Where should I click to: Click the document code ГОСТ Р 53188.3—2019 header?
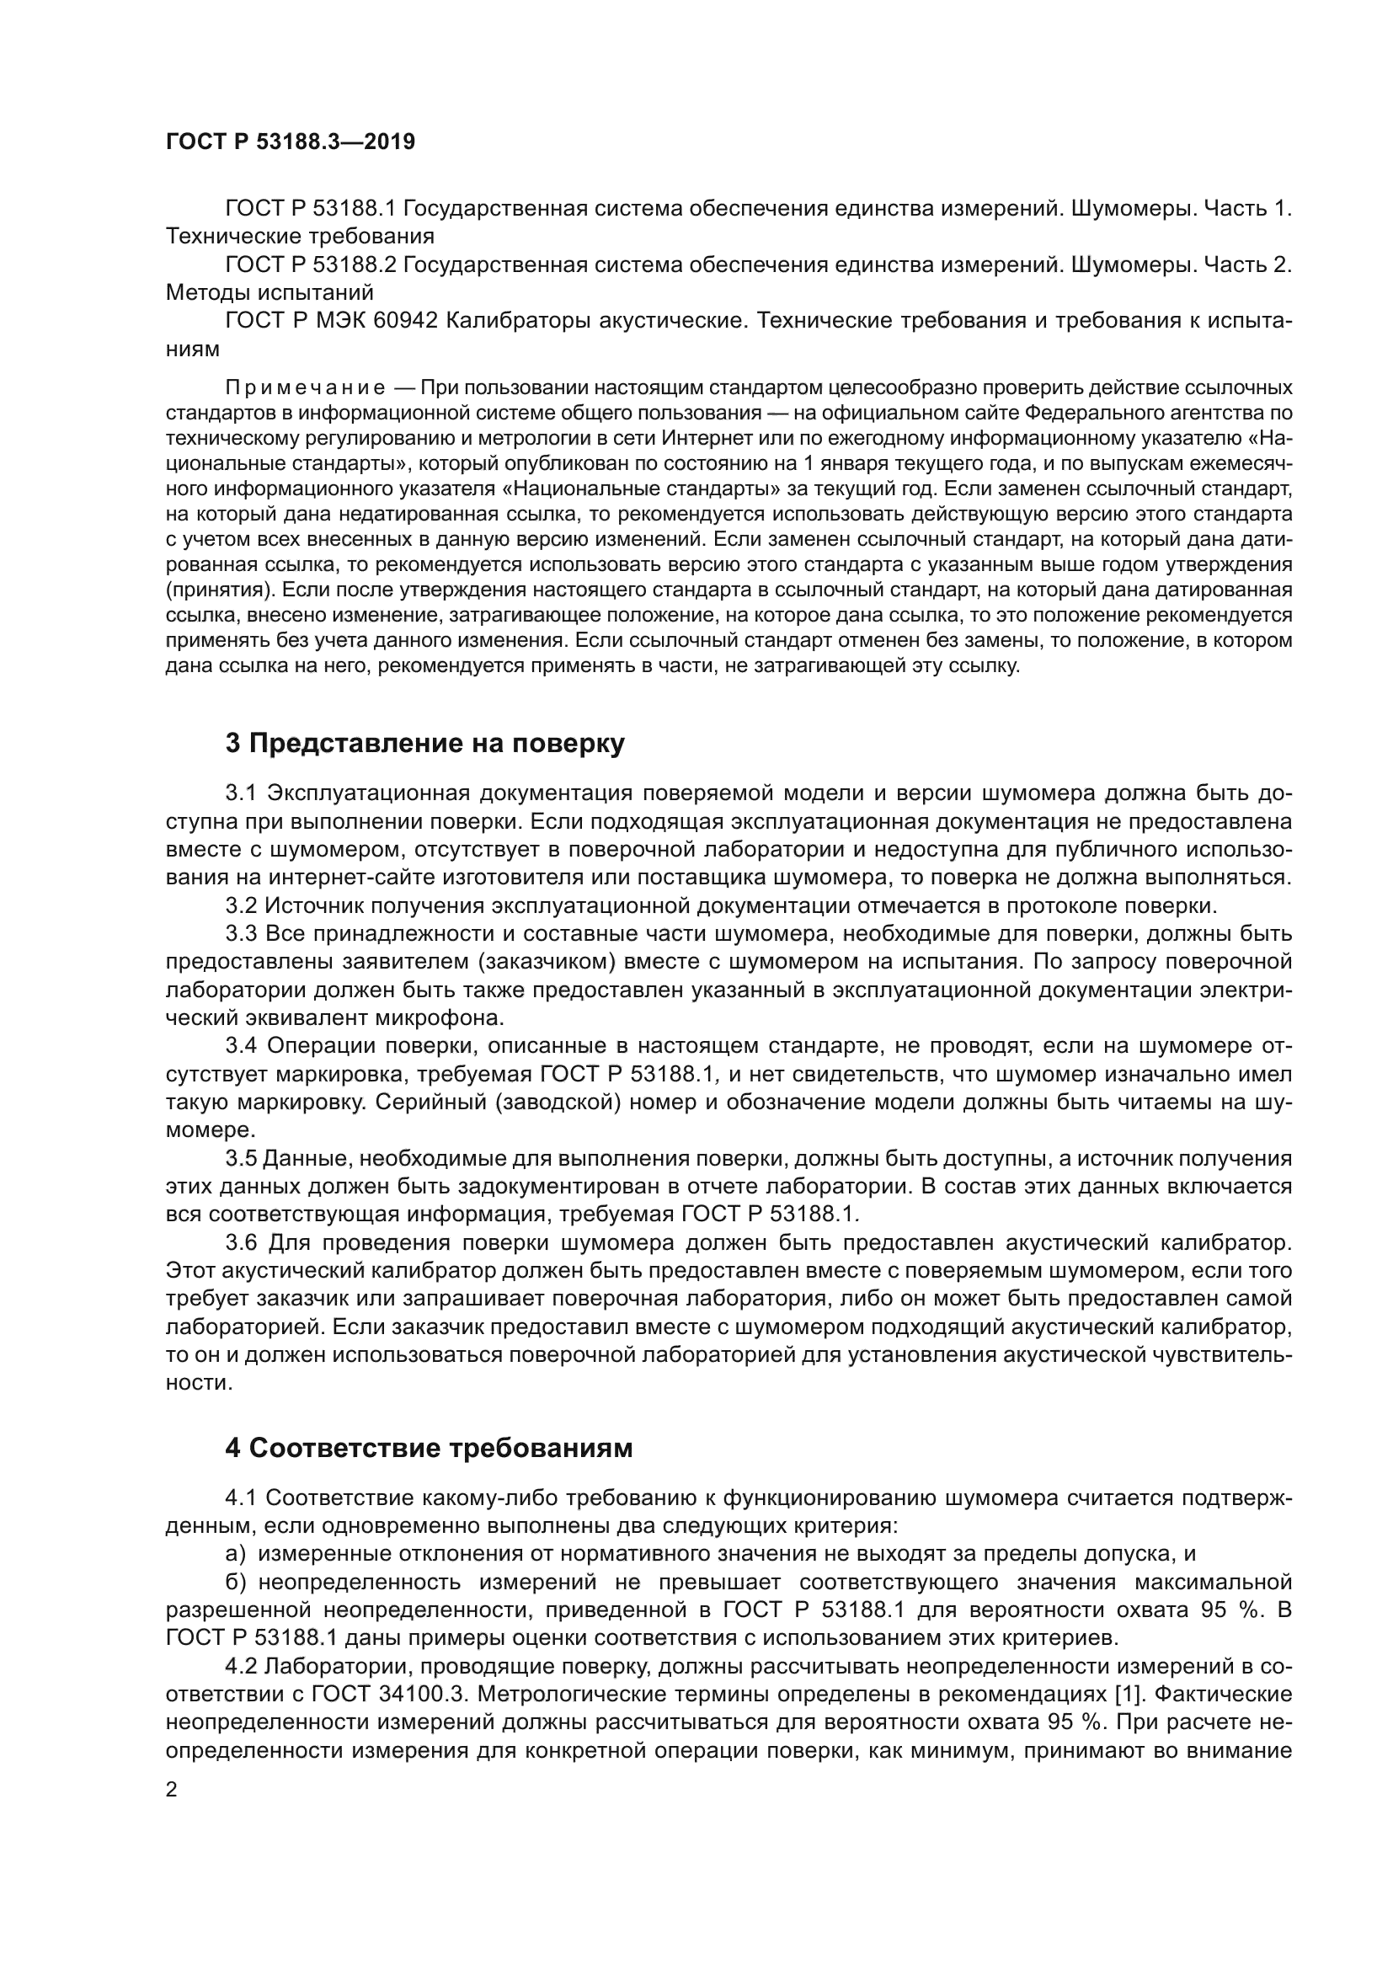[290, 141]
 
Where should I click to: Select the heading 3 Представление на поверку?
[424, 743]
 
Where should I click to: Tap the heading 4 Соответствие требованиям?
[428, 1448]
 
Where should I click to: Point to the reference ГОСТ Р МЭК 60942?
[331, 321]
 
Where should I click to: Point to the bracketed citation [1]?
[1129, 1695]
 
